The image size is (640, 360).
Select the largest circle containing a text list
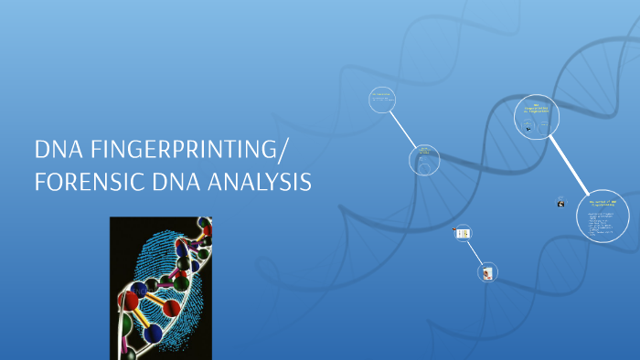click(x=603, y=218)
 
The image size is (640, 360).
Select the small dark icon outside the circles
click(x=560, y=203)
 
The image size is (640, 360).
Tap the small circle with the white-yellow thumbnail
click(x=464, y=234)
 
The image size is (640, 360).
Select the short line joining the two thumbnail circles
click(x=476, y=252)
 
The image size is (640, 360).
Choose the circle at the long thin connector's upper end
click(x=381, y=101)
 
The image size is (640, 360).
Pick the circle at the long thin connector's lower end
click(x=423, y=158)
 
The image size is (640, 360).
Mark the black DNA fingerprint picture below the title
click(x=161, y=287)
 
